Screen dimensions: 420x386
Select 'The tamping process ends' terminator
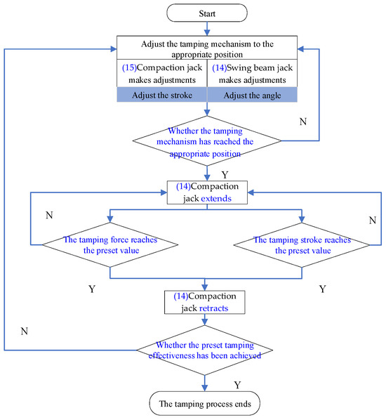[206, 404]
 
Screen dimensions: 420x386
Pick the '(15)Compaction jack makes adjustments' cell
[162, 74]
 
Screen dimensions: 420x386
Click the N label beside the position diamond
[302, 122]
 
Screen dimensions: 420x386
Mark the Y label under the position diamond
[225, 173]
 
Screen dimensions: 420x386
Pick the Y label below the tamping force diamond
[92, 288]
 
